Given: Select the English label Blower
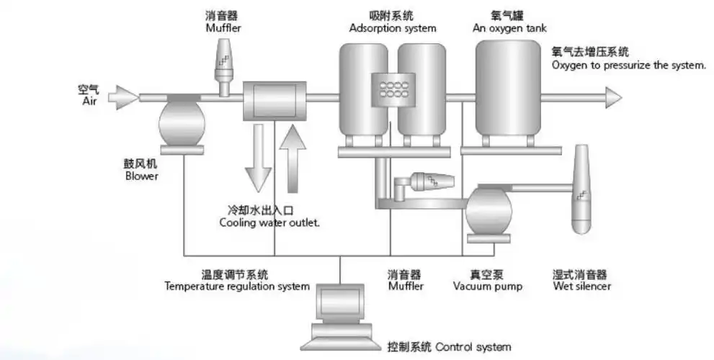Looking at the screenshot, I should tap(141, 176).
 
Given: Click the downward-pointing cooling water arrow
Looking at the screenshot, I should tap(257, 159).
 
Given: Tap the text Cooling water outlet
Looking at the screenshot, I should tap(269, 223).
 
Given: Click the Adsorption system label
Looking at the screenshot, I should tap(393, 29).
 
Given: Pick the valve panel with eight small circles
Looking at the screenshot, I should tap(392, 88).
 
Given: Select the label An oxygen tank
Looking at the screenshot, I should tap(509, 29).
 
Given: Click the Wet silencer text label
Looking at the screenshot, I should tap(582, 287).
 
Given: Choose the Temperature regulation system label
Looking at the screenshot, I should tap(237, 287).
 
